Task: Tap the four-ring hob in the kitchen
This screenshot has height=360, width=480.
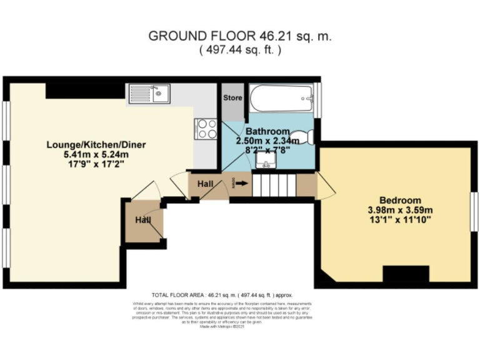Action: point(207,128)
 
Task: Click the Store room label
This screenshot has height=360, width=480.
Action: point(233,98)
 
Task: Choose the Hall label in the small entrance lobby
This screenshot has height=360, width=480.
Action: point(144,221)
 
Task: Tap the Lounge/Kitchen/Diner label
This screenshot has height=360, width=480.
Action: point(96,145)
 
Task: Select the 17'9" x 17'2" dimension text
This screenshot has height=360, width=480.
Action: point(96,165)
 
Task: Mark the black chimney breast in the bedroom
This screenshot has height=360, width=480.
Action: point(406,274)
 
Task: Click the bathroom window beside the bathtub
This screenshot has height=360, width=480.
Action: point(317,98)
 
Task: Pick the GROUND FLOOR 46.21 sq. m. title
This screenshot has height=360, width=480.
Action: point(240,36)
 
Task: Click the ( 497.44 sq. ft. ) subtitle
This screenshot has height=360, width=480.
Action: point(240,51)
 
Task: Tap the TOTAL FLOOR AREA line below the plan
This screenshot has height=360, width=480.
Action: point(222,294)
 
